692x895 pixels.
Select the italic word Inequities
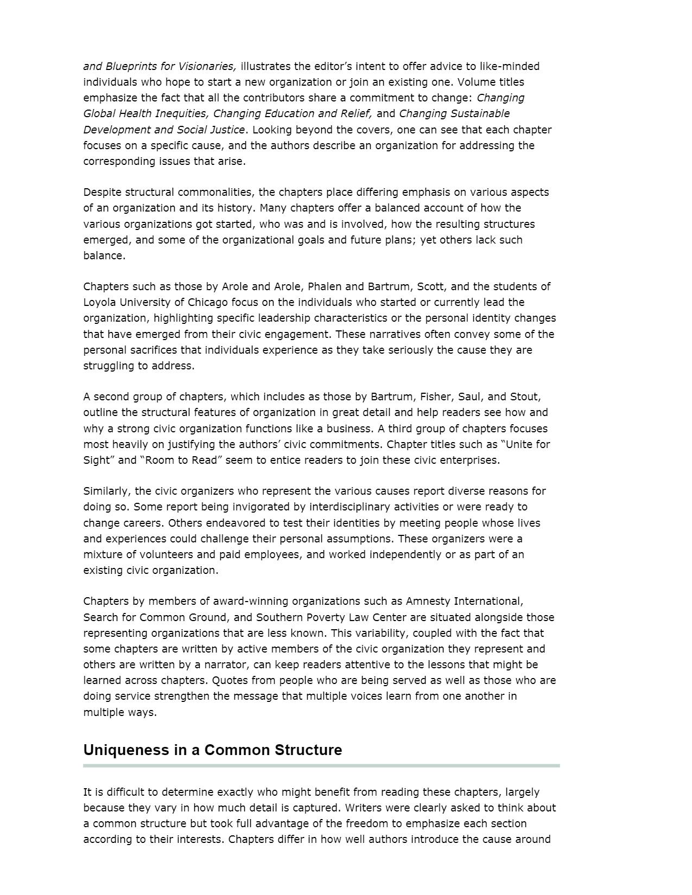tap(181, 113)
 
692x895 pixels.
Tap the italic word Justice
tap(226, 130)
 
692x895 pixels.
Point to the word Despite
tap(103, 192)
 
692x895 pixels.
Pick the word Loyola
tap(100, 302)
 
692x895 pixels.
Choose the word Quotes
tap(229, 680)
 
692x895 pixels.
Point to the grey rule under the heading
tap(321, 765)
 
